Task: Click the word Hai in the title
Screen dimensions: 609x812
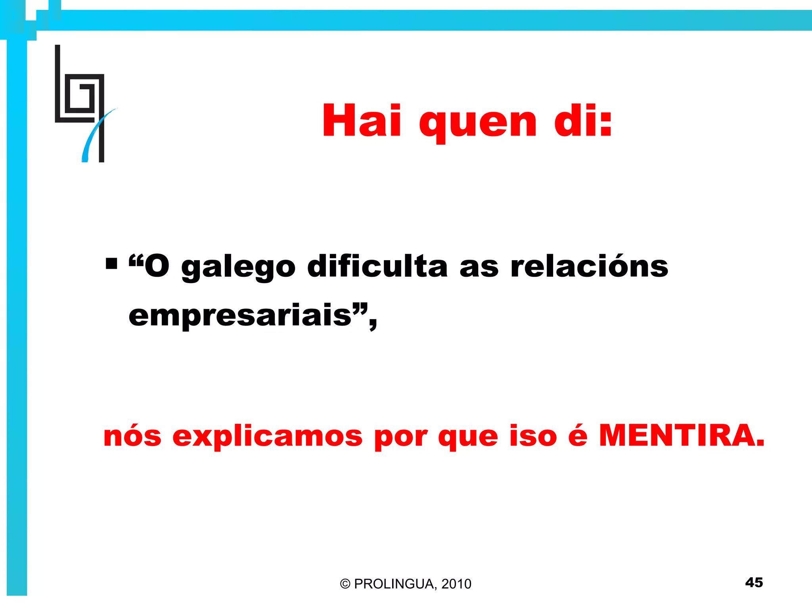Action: tap(362, 121)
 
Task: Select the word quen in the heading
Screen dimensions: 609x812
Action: tap(478, 123)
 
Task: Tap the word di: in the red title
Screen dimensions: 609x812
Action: tap(583, 121)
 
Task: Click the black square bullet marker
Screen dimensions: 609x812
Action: tap(111, 264)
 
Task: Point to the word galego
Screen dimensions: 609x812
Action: tap(238, 268)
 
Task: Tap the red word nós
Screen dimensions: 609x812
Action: tap(132, 436)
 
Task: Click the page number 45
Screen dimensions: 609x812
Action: tap(754, 582)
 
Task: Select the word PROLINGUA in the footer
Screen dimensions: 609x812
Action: tap(395, 584)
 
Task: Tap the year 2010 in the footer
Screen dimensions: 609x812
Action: tap(456, 584)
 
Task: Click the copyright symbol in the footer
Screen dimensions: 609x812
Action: tap(345, 584)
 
